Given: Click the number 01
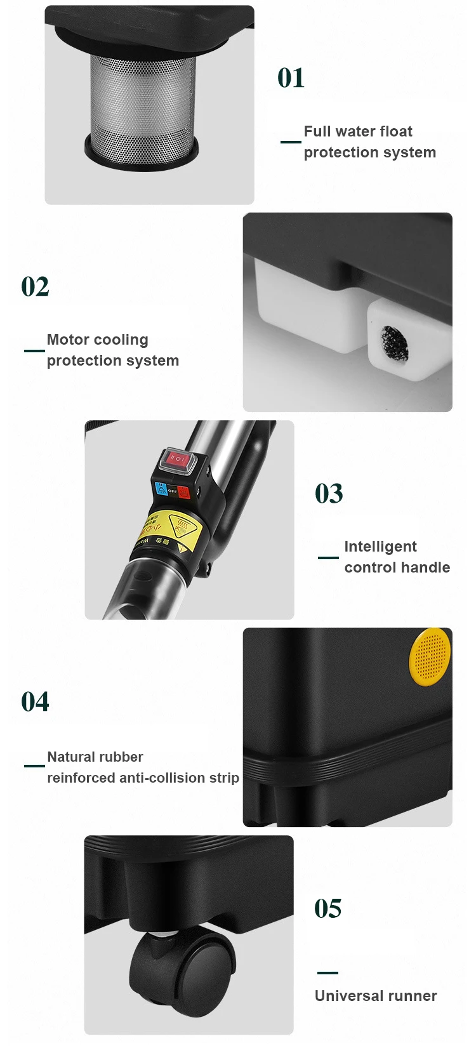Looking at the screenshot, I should (x=291, y=78).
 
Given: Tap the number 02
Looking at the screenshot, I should (x=35, y=287).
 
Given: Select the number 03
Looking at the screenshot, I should (x=329, y=494).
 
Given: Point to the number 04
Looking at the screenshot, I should (x=35, y=702).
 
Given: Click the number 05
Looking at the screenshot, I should (x=328, y=909).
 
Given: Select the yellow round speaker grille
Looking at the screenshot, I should (x=430, y=657).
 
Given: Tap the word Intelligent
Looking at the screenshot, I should (x=380, y=547).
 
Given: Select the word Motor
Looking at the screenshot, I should (x=67, y=340).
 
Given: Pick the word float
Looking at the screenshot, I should (x=396, y=132).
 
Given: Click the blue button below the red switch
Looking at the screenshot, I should (x=161, y=490).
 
